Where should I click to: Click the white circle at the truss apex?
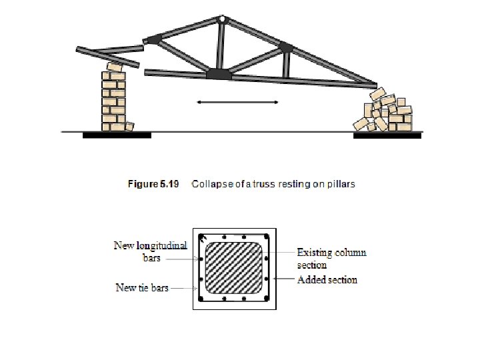tap(221, 19)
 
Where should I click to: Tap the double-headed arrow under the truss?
tap(237, 102)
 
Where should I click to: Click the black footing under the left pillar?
tap(117, 135)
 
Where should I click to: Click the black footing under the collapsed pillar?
tap(387, 135)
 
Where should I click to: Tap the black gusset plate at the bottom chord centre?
tap(219, 74)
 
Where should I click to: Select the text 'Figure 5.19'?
tap(153, 184)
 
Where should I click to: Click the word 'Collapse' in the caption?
tap(209, 184)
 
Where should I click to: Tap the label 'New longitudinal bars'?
tap(151, 251)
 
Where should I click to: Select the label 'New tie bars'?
tap(142, 288)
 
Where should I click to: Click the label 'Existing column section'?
tap(331, 259)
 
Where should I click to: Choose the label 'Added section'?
tap(327, 280)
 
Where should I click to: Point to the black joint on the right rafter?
tap(286, 47)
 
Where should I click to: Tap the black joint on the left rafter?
tap(154, 39)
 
